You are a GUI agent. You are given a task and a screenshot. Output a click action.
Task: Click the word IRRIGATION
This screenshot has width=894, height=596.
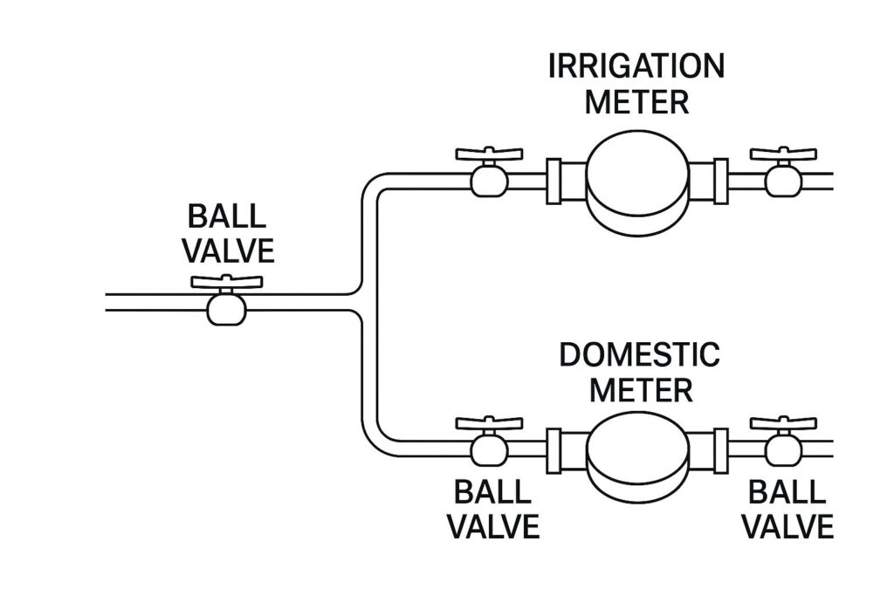tap(636, 67)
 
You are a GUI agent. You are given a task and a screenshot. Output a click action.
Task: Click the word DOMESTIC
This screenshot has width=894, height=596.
tap(640, 356)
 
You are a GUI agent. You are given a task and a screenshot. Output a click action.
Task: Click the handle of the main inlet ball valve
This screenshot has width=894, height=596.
tap(227, 283)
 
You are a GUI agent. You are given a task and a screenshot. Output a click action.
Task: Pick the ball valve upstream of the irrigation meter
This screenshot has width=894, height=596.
tap(488, 177)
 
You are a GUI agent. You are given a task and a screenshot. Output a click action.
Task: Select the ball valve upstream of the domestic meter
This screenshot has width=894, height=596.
tap(488, 448)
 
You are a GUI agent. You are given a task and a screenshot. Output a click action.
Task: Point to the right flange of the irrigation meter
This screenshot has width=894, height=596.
tap(721, 181)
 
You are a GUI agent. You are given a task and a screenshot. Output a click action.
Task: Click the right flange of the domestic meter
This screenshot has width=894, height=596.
tap(721, 451)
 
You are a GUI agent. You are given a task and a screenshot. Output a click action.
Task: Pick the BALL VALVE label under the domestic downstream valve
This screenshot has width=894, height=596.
tap(787, 510)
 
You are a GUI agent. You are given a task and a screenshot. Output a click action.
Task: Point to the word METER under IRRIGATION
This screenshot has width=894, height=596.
tap(636, 101)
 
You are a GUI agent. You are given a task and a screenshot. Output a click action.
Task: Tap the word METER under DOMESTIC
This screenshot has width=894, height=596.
tap(640, 389)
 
